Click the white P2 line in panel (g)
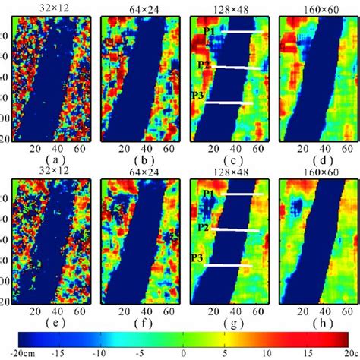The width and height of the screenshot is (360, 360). (x=238, y=228)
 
